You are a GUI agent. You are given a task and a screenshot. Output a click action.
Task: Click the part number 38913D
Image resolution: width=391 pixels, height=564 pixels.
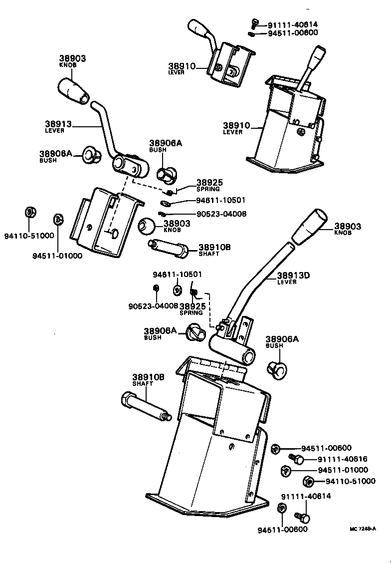[294, 275]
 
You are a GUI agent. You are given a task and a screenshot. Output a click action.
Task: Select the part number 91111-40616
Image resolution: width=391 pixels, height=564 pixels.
[336, 459]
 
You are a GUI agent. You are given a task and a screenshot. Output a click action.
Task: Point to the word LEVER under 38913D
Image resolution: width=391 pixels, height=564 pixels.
[287, 282]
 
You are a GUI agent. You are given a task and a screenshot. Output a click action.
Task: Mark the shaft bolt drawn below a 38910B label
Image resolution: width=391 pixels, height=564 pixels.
[145, 405]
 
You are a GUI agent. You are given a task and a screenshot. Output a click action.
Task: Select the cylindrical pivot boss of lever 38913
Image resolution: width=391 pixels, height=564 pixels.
[129, 166]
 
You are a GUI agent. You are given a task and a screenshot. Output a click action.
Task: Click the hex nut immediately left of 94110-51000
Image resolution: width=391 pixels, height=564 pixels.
[308, 482]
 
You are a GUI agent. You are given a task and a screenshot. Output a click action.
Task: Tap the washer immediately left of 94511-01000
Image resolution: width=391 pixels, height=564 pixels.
[286, 470]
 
